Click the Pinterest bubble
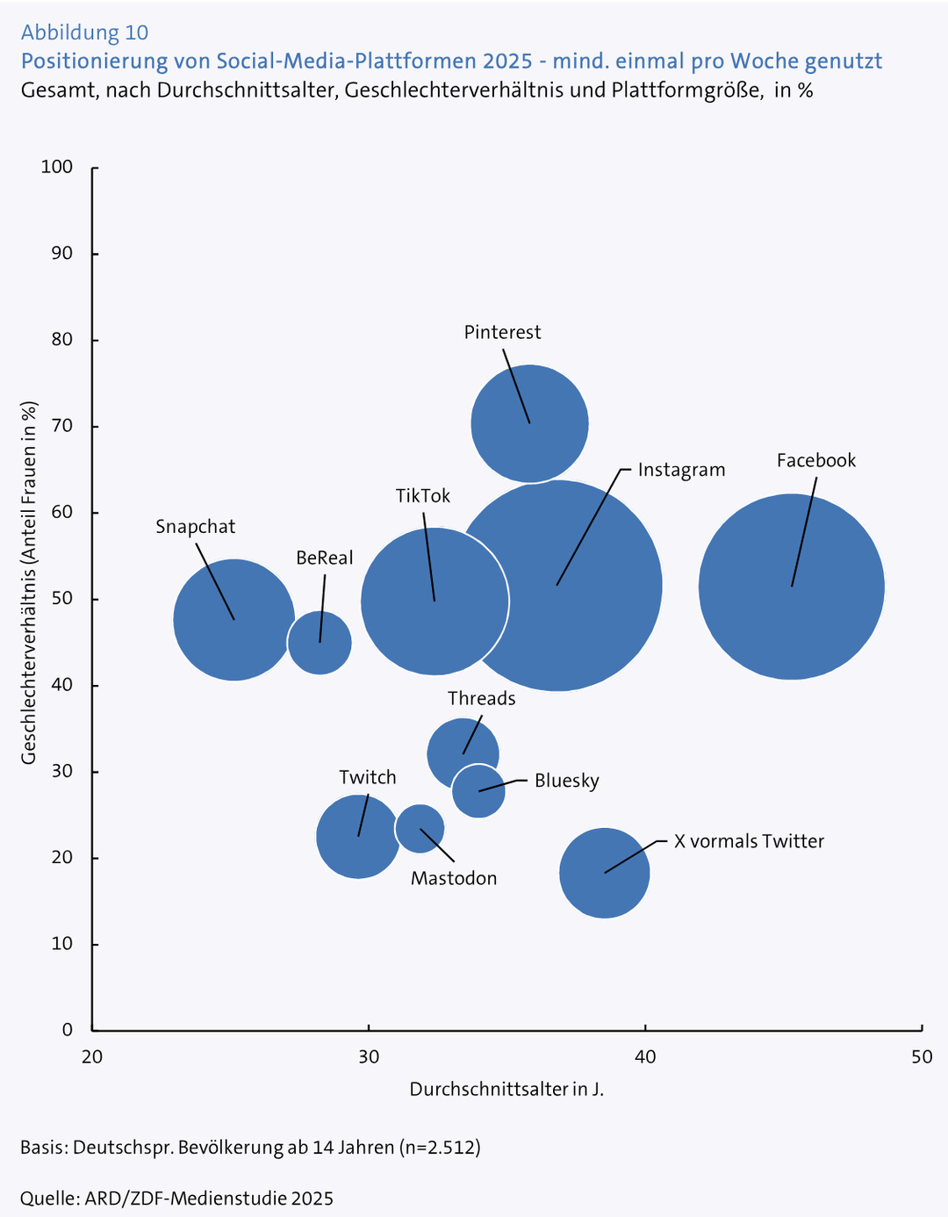[x=529, y=423]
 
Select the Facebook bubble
[x=791, y=587]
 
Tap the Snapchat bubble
[x=233, y=620]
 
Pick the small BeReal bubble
[x=320, y=643]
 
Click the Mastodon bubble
[x=420, y=828]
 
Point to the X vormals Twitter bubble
[x=604, y=873]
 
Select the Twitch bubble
[x=357, y=836]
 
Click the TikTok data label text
[x=422, y=496]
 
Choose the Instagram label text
[x=681, y=470]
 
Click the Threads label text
[x=481, y=698]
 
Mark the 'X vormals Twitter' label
[x=749, y=841]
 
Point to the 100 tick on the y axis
[x=56, y=167]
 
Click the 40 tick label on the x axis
[x=645, y=1056]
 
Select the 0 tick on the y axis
[x=66, y=1030]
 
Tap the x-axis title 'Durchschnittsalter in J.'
[x=506, y=1090]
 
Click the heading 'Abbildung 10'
[x=84, y=32]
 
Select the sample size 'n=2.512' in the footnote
[x=440, y=1148]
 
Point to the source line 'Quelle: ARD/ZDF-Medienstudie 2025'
[x=176, y=1199]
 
